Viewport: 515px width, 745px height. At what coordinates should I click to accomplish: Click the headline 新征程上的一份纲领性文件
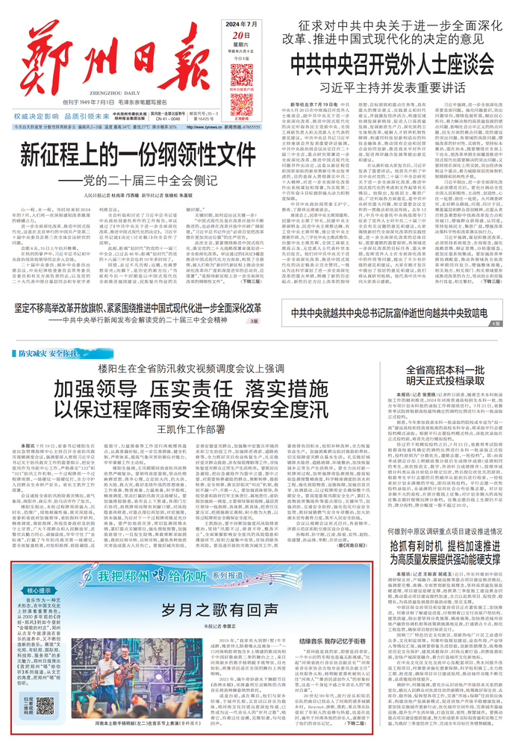click(x=139, y=155)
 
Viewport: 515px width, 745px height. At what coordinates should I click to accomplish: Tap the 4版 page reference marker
click(x=498, y=323)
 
